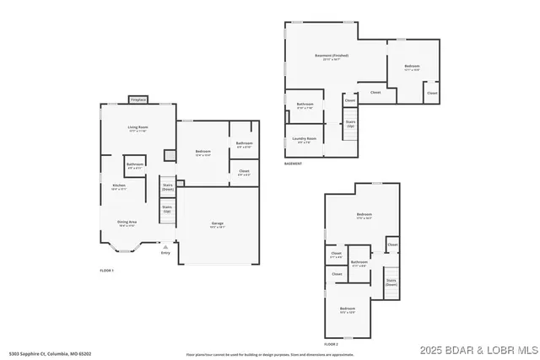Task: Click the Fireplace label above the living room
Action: tap(138, 100)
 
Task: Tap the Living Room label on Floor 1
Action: tap(138, 129)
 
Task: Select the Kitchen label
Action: tap(119, 187)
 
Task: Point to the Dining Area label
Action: tap(127, 223)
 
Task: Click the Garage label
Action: tap(217, 223)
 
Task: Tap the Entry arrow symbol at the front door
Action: tap(165, 247)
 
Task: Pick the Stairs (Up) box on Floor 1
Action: tap(167, 208)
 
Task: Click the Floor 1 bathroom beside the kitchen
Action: tap(135, 165)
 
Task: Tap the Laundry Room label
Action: tap(304, 139)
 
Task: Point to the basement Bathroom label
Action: tap(305, 106)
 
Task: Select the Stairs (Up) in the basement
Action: tap(350, 123)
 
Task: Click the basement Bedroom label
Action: tap(413, 67)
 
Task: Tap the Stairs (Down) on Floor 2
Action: tap(391, 282)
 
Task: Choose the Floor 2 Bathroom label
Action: tap(359, 263)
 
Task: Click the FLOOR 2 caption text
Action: tap(331, 345)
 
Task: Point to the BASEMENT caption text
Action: tap(293, 164)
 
